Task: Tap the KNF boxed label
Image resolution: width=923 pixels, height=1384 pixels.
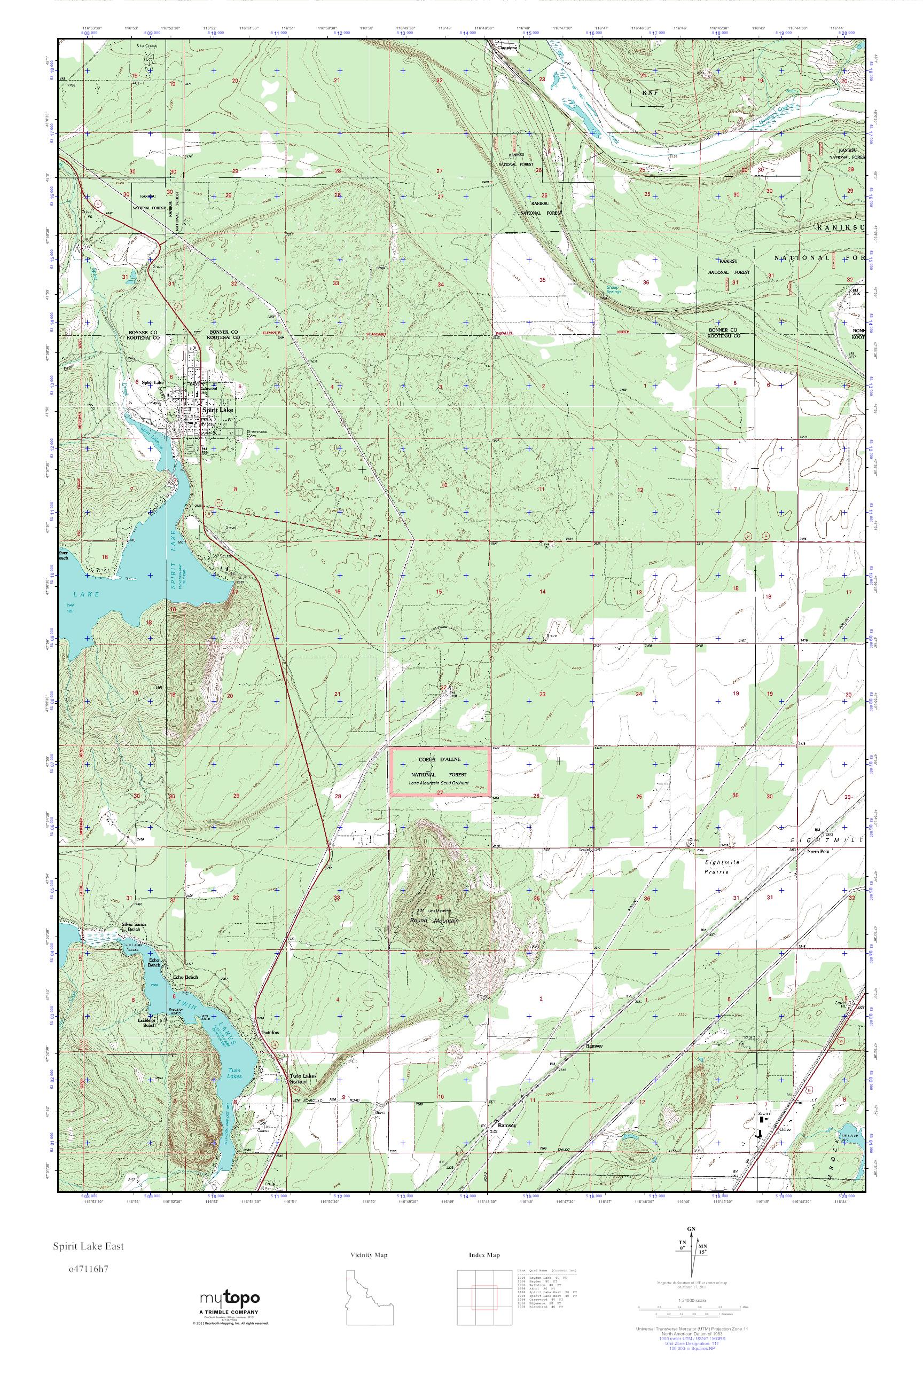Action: click(x=648, y=92)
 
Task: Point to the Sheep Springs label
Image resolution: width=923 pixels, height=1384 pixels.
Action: click(x=613, y=288)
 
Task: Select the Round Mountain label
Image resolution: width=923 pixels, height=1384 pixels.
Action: click(x=434, y=921)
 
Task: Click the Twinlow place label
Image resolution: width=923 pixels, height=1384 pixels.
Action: click(x=270, y=1033)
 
